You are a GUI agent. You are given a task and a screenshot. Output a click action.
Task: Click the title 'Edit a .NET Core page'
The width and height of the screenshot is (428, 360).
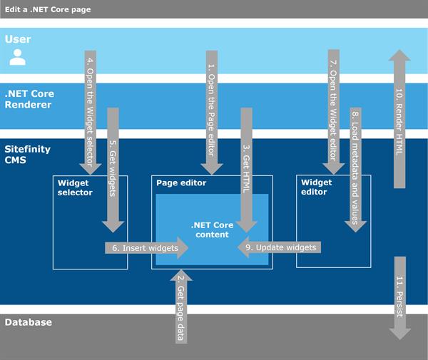(x=46, y=9)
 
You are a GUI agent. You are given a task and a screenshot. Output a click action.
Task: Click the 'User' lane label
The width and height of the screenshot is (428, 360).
(x=18, y=39)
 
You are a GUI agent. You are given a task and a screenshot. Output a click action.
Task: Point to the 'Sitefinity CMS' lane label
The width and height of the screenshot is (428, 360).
(x=26, y=156)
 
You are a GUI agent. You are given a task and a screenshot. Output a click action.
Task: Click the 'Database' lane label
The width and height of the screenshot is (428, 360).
(x=29, y=322)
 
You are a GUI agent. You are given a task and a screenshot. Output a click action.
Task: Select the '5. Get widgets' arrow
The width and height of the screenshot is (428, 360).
(x=113, y=168)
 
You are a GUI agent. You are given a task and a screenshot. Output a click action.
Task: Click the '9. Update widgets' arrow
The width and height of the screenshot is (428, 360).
(x=280, y=247)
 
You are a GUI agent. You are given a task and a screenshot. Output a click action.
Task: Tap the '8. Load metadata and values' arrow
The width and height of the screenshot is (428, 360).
(x=355, y=168)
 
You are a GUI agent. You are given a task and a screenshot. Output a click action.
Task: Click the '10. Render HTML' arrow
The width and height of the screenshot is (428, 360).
(x=399, y=118)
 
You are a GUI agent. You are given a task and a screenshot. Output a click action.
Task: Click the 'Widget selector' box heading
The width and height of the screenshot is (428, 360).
(x=75, y=187)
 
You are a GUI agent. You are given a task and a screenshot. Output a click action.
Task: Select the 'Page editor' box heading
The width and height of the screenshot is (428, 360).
(x=181, y=183)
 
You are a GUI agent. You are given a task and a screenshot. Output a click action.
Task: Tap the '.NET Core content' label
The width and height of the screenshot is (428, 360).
(x=210, y=230)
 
